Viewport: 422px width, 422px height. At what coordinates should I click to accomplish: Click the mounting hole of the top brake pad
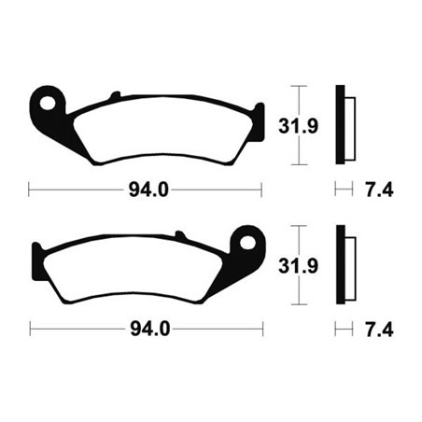pyautogui.click(x=46, y=100)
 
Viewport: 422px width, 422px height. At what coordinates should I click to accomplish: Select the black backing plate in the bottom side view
pyautogui.click(x=341, y=265)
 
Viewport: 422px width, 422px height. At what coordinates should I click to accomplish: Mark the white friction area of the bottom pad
pyautogui.click(x=140, y=271)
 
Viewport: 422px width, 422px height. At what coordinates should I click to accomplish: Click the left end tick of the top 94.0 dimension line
pyautogui.click(x=30, y=190)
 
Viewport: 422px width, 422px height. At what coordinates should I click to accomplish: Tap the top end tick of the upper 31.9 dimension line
pyautogui.click(x=297, y=86)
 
